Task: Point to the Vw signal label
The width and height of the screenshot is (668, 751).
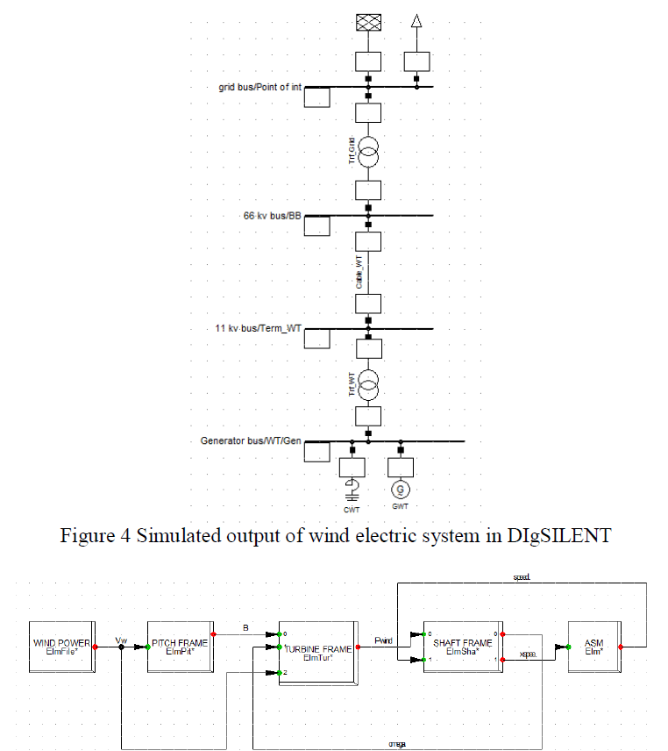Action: click(122, 640)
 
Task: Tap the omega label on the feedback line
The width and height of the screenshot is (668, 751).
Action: click(396, 741)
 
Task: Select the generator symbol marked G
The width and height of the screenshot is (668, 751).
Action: click(401, 490)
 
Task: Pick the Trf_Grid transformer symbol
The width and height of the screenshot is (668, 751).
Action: click(368, 154)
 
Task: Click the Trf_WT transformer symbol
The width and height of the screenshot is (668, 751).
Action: click(368, 383)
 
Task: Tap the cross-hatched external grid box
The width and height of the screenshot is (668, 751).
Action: click(368, 24)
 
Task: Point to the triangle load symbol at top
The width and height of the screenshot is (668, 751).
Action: click(417, 25)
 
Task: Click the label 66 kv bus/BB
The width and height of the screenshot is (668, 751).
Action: click(272, 215)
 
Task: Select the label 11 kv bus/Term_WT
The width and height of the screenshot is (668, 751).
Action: click(252, 328)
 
